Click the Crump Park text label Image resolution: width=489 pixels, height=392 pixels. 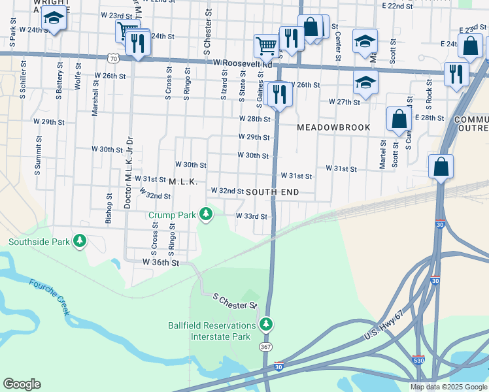[172, 214]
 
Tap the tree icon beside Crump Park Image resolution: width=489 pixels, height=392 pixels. [207, 214]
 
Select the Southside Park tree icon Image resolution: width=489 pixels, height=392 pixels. [80, 242]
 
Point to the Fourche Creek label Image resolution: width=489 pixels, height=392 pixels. [49, 298]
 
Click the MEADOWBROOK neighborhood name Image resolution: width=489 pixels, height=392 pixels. [333, 127]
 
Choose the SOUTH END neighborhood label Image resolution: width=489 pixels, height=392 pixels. [272, 192]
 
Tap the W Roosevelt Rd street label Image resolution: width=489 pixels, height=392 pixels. [243, 63]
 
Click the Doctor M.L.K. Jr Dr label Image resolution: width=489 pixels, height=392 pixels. [129, 172]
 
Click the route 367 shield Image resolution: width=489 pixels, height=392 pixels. [265, 346]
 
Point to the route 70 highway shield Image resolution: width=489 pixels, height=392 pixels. [114, 58]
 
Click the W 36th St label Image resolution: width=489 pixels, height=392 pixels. [161, 262]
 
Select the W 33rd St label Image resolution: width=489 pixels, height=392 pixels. [252, 216]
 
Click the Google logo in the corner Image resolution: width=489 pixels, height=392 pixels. [22, 384]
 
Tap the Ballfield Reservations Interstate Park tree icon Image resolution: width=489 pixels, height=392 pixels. [265, 324]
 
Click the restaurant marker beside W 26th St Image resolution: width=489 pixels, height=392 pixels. [279, 95]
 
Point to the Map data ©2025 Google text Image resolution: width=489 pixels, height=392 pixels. [448, 387]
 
